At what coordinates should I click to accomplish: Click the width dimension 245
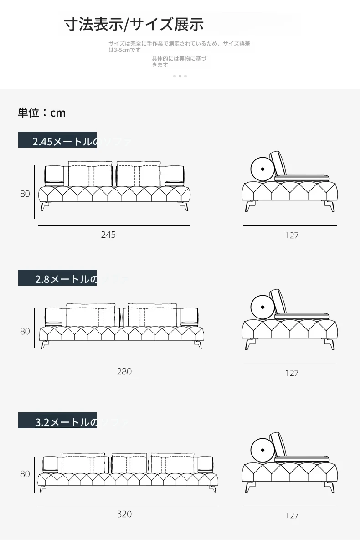point(108,235)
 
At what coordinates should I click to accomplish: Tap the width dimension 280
point(124,371)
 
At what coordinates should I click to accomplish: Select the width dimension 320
point(124,514)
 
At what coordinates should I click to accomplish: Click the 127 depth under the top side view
point(292,236)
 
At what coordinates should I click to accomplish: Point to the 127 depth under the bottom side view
point(292,516)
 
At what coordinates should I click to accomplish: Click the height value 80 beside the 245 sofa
point(25,194)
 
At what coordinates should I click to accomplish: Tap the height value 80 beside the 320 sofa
point(25,474)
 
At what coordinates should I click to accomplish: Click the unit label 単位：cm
point(41,113)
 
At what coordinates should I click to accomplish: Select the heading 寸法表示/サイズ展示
point(134,24)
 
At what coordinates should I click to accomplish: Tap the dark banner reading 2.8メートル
point(57,278)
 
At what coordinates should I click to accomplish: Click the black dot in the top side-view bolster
point(263,169)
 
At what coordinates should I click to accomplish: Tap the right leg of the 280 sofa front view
point(197,344)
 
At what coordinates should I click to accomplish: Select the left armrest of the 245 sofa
point(54,176)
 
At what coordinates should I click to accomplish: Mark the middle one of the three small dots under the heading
point(180,76)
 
